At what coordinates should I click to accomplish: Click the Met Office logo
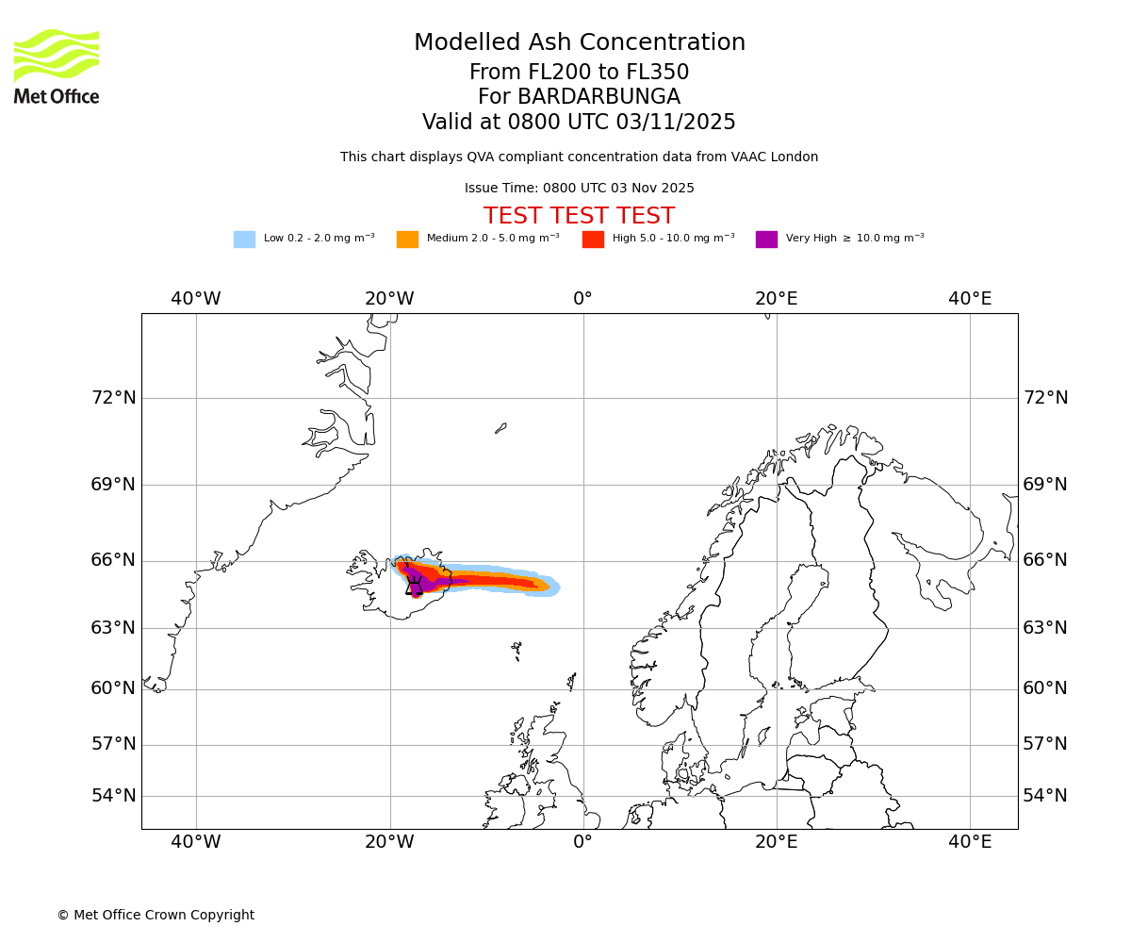[57, 66]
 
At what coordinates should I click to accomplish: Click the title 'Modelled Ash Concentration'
[580, 42]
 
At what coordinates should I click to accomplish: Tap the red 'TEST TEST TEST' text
[579, 216]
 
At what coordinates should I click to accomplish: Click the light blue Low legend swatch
[244, 240]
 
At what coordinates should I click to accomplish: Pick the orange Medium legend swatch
[407, 240]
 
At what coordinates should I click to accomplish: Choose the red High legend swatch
[593, 240]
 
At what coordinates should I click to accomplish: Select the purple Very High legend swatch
[766, 240]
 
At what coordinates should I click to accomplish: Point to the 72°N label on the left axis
[113, 398]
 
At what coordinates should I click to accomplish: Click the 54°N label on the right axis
[1045, 796]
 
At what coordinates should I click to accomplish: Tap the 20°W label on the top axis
[389, 299]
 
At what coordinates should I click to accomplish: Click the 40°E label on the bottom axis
[970, 841]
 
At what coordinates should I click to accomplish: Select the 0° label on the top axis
[583, 299]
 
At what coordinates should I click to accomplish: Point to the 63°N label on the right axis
[1045, 628]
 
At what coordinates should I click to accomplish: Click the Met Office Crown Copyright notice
[156, 915]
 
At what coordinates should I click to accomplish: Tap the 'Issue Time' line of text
[579, 189]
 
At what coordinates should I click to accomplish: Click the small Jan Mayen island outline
[500, 428]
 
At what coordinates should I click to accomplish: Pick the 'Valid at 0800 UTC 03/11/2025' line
[579, 123]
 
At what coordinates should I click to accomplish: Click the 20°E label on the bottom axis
[777, 841]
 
